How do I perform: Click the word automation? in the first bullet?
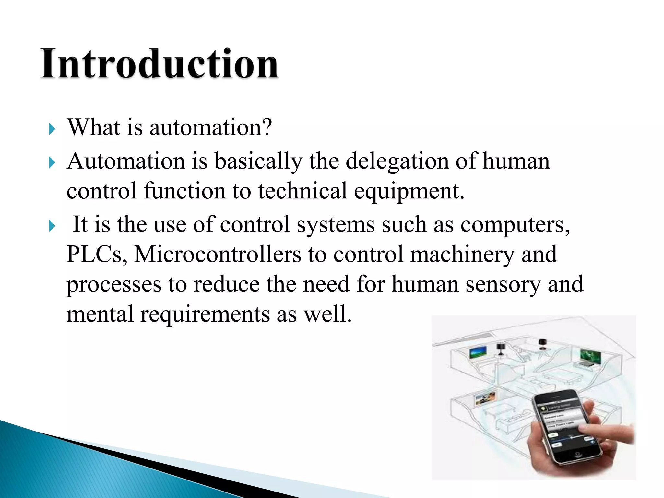(210, 127)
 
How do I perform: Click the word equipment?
(409, 191)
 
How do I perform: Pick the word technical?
(302, 191)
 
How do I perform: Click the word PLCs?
(97, 255)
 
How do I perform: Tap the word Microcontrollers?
(218, 255)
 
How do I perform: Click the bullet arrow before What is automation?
(52, 129)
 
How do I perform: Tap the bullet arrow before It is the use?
(52, 226)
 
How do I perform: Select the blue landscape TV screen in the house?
(478, 352)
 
